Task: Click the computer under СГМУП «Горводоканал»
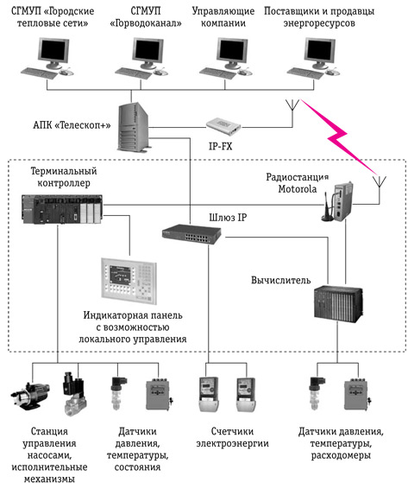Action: point(141,58)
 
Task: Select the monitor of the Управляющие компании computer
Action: point(232,51)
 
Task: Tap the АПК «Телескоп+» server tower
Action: point(133,127)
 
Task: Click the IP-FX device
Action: point(223,124)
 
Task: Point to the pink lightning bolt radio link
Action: point(338,136)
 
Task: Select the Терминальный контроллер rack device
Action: point(62,209)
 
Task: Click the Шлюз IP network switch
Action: point(191,234)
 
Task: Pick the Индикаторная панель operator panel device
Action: point(129,281)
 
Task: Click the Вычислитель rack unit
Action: point(339,303)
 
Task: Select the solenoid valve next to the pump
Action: point(74,393)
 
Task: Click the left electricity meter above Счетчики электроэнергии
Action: point(209,394)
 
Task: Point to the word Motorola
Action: point(298,189)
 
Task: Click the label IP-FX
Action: point(221,146)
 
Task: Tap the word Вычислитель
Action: point(280,280)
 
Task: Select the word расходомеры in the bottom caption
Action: point(341,455)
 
